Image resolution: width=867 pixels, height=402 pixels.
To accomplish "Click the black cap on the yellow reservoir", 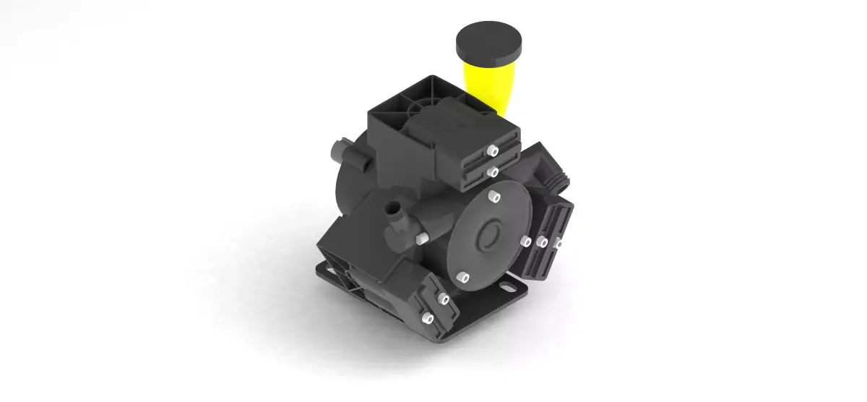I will click(488, 43).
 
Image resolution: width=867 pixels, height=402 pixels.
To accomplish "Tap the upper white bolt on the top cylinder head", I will click(491, 150).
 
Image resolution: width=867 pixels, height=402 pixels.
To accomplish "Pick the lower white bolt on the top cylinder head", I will click(492, 172).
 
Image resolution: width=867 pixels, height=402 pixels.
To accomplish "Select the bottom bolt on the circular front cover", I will click(462, 275).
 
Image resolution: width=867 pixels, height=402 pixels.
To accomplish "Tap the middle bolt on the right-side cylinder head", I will click(542, 241).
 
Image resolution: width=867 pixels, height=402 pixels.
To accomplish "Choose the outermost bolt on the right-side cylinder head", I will click(558, 244).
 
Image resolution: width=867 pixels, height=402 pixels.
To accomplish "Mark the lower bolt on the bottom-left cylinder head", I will click(426, 319).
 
